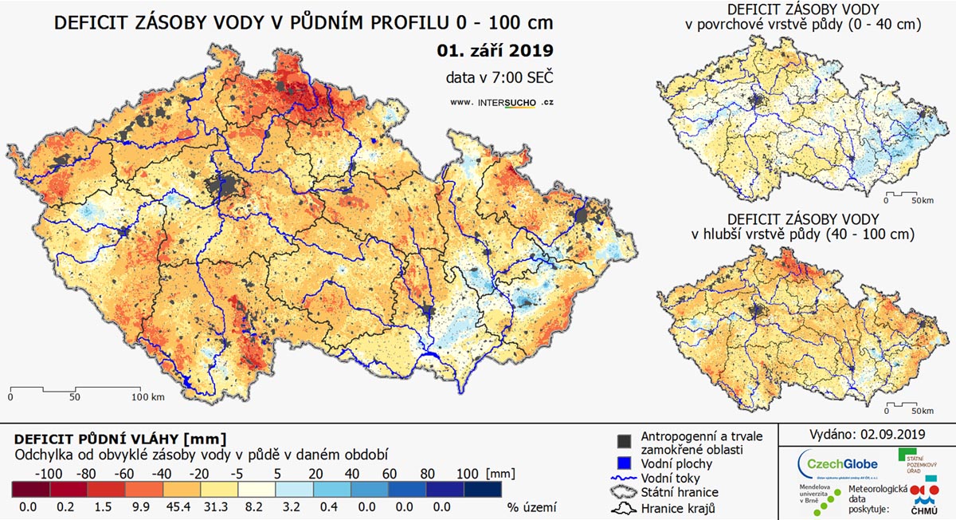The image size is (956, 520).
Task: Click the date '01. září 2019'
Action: pyautogui.click(x=495, y=51)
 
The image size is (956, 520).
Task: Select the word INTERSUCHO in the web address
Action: pyautogui.click(x=506, y=102)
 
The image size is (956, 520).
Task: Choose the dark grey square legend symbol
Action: pyautogui.click(x=624, y=441)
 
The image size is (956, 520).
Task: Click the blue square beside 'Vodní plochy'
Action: pyautogui.click(x=624, y=463)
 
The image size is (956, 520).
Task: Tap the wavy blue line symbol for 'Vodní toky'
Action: pyautogui.click(x=624, y=478)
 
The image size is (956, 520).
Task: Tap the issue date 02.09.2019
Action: pyautogui.click(x=892, y=435)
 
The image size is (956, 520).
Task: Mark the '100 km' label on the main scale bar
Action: pyautogui.click(x=148, y=396)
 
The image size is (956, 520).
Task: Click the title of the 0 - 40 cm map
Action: pyautogui.click(x=803, y=17)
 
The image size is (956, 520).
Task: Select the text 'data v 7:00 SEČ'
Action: pyautogui.click(x=500, y=77)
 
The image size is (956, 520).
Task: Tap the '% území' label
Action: pyautogui.click(x=531, y=506)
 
